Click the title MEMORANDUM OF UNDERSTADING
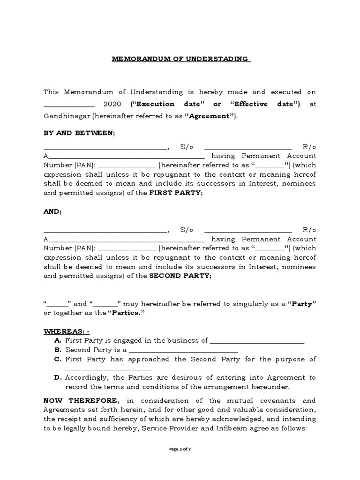[x=180, y=59]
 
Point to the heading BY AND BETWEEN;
[x=79, y=133]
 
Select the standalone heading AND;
[x=52, y=212]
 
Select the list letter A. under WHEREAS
[x=58, y=341]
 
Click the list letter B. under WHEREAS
[x=58, y=350]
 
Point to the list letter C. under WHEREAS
[x=58, y=360]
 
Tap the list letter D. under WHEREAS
[x=58, y=377]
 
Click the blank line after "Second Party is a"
[x=183, y=352]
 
